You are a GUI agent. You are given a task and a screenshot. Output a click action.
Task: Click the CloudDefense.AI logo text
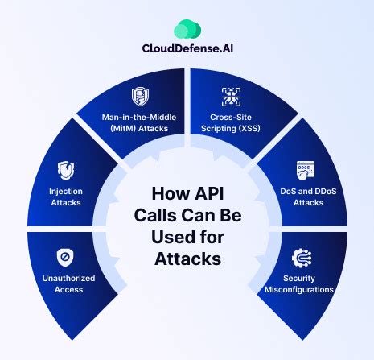[187, 47]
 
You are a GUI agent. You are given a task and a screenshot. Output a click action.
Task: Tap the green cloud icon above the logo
[187, 29]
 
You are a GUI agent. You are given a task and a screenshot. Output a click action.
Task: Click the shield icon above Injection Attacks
[67, 170]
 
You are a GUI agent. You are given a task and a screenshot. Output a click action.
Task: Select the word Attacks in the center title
[187, 260]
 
